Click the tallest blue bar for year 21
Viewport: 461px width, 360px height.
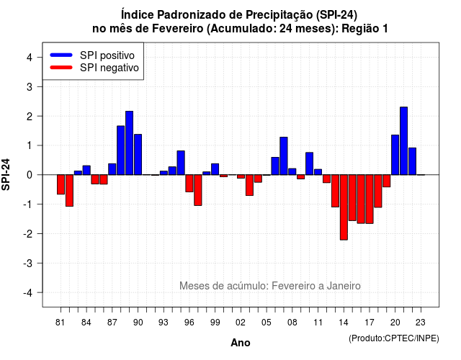point(403,141)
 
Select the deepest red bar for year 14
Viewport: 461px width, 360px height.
point(344,207)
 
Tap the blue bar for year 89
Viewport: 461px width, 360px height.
point(130,143)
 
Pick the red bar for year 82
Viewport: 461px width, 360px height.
point(69,190)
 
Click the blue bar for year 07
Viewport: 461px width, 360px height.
point(284,156)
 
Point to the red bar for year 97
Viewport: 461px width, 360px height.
point(198,190)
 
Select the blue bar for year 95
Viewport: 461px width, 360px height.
point(181,163)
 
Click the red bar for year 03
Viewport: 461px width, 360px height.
point(249,185)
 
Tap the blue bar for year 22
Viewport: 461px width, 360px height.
point(413,161)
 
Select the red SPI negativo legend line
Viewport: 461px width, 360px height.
point(61,68)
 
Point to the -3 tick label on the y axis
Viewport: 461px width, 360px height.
point(28,264)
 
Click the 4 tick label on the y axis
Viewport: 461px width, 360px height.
point(30,57)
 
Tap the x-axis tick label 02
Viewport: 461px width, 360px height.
point(241,323)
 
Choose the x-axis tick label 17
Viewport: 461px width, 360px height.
point(370,323)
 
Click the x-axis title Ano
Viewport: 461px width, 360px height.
point(241,343)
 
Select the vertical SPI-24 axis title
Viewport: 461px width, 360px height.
point(6,174)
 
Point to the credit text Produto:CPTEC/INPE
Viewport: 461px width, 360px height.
point(394,338)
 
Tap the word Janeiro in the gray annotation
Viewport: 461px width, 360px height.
point(344,286)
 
